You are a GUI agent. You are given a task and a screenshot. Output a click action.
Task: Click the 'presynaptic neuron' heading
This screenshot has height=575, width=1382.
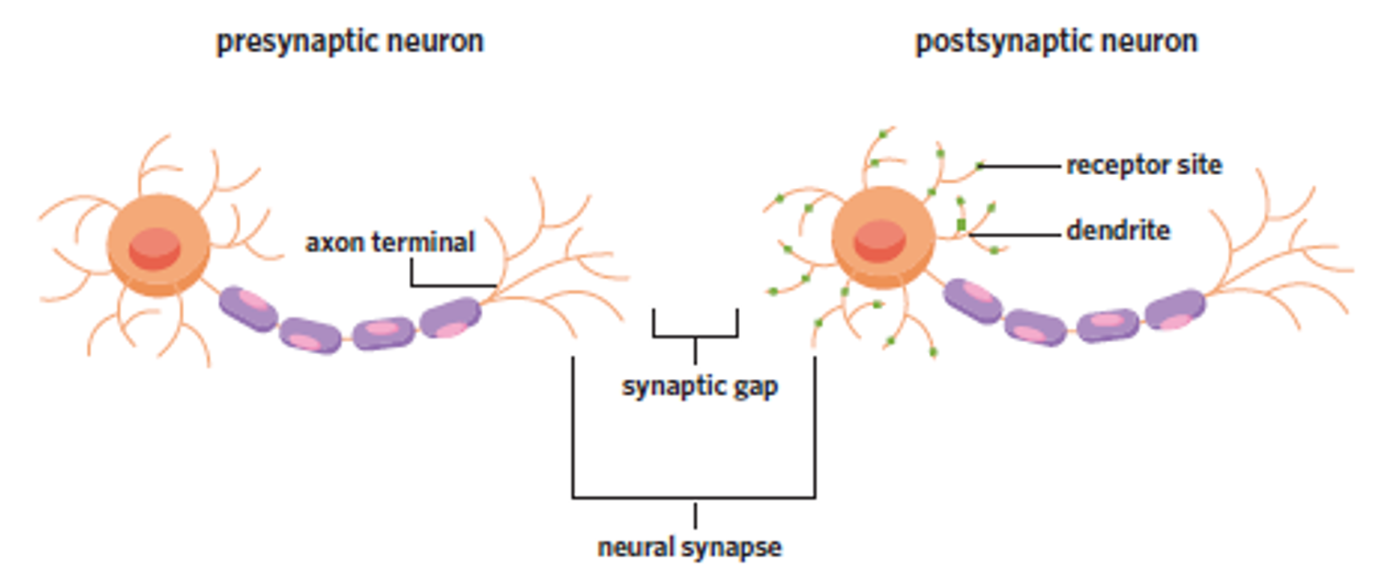click(x=350, y=41)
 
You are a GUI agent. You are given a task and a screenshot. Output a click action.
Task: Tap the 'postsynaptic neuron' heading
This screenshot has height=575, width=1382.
click(x=1056, y=41)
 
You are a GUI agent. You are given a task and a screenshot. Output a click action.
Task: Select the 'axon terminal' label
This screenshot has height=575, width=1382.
click(x=390, y=242)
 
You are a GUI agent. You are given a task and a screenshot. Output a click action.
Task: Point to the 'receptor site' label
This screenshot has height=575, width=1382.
click(x=1143, y=165)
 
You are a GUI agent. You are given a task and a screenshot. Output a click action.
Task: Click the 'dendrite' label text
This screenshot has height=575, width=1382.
click(x=1118, y=230)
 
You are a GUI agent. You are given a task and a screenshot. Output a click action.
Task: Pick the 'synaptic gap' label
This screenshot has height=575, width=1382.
click(x=699, y=386)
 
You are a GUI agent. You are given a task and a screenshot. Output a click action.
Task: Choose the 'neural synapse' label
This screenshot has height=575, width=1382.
click(x=689, y=548)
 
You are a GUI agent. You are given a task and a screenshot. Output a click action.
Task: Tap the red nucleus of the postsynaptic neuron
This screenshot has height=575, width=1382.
click(x=880, y=240)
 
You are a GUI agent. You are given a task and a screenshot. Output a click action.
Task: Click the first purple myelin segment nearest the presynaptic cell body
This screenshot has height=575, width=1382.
click(x=248, y=308)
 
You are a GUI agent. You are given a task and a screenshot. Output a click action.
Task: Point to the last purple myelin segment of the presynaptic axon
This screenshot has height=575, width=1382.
click(x=451, y=318)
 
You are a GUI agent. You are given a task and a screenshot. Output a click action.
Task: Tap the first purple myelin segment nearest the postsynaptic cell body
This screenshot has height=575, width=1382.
click(x=973, y=300)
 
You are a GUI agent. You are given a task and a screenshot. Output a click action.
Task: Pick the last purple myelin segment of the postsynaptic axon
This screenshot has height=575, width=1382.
click(x=1175, y=311)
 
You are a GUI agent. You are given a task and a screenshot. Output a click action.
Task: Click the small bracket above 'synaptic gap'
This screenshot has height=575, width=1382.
click(x=695, y=336)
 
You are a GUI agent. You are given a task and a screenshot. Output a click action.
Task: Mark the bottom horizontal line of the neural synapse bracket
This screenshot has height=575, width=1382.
click(x=694, y=498)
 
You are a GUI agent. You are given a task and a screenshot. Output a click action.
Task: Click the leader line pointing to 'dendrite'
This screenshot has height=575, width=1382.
click(x=1017, y=234)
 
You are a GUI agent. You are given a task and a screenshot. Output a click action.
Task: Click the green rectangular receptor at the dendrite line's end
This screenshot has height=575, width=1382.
click(x=961, y=225)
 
